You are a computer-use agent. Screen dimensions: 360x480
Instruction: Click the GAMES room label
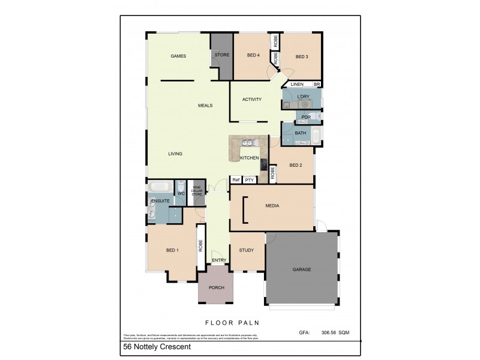pyautogui.click(x=178, y=56)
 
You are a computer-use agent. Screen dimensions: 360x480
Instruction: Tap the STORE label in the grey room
pyautogui.click(x=221, y=56)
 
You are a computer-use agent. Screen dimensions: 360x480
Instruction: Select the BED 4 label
pyautogui.click(x=253, y=56)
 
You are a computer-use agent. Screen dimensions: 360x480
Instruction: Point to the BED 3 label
pyautogui.click(x=302, y=57)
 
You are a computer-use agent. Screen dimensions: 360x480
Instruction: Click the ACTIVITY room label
pyautogui.click(x=251, y=100)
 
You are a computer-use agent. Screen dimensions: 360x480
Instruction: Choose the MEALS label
pyautogui.click(x=205, y=106)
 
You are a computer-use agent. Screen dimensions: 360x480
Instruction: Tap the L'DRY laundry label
pyautogui.click(x=303, y=96)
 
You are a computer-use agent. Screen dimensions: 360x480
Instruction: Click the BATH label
pyautogui.click(x=301, y=133)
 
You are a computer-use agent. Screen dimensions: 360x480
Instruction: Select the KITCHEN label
pyautogui.click(x=249, y=158)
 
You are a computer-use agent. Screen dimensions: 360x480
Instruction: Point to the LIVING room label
pyautogui.click(x=175, y=154)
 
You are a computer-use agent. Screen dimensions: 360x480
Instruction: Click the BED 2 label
pyautogui.click(x=295, y=165)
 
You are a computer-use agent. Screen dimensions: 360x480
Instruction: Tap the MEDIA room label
pyautogui.click(x=273, y=206)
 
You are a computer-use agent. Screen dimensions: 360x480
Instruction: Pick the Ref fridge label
pyautogui.click(x=236, y=180)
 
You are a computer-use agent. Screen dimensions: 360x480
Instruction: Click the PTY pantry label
pyautogui.click(x=249, y=180)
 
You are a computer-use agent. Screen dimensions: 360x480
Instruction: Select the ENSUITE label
pyautogui.click(x=160, y=200)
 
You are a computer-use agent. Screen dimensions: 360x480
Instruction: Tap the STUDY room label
pyautogui.click(x=247, y=250)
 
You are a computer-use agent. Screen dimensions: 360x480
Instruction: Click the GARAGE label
pyautogui.click(x=302, y=269)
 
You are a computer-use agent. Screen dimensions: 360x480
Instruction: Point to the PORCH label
pyautogui.click(x=216, y=288)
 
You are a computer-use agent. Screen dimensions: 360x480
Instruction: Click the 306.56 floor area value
pyautogui.click(x=332, y=332)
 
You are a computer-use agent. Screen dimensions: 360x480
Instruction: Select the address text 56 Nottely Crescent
pyautogui.click(x=157, y=347)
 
